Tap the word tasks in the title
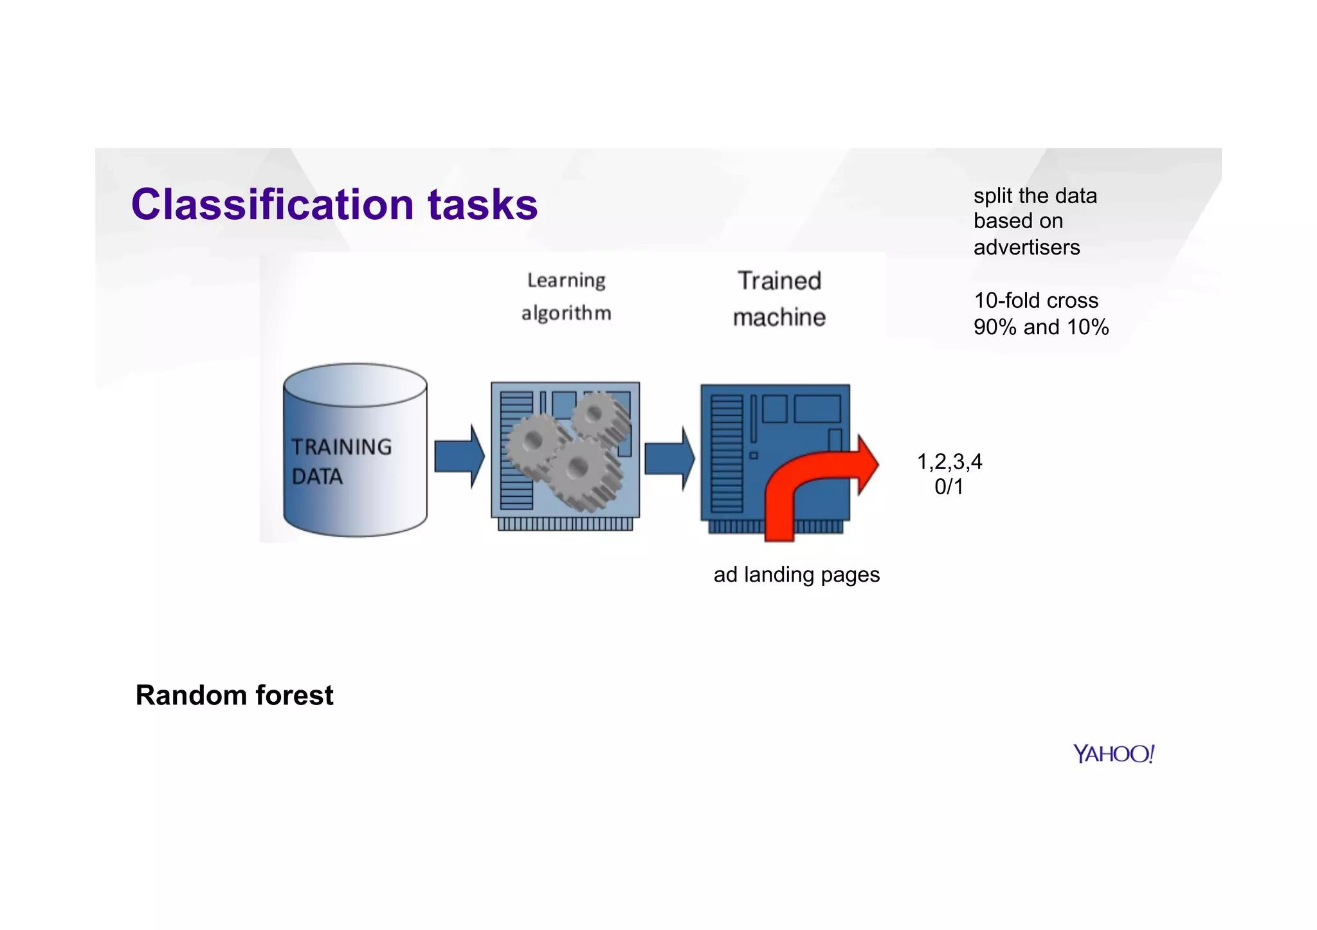click(x=482, y=204)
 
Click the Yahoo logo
click(x=1113, y=754)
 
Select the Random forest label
click(x=234, y=695)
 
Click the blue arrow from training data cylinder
click(x=458, y=456)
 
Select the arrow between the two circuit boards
click(x=669, y=458)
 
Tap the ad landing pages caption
click(x=796, y=575)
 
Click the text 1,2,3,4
click(x=949, y=461)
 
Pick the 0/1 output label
click(x=949, y=487)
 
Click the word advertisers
click(x=1026, y=247)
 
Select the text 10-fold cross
click(x=1035, y=301)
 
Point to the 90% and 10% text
click(x=1040, y=327)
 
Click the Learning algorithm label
click(x=566, y=297)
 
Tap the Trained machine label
click(x=779, y=299)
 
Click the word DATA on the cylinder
click(x=317, y=477)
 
